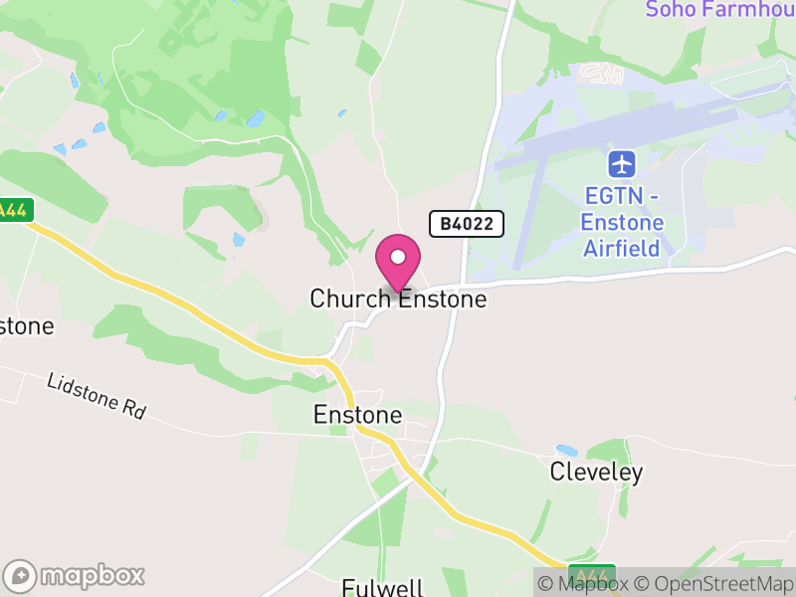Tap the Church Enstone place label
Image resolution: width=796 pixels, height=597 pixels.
click(x=398, y=298)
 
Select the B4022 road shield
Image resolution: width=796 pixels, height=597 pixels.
click(x=467, y=224)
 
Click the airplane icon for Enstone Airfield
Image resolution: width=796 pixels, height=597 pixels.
click(x=622, y=162)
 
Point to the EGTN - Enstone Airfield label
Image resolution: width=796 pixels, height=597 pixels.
click(x=622, y=221)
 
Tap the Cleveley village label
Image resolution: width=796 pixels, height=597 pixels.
click(x=596, y=473)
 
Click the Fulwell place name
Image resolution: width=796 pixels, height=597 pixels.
click(x=383, y=587)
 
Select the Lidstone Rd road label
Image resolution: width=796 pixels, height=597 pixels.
click(x=96, y=396)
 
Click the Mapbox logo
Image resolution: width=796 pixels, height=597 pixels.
click(x=76, y=575)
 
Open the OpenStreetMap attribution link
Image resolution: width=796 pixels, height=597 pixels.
click(x=714, y=584)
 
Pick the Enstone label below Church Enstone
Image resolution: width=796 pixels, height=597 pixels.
click(x=357, y=414)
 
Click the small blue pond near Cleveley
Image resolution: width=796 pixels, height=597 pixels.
click(x=566, y=451)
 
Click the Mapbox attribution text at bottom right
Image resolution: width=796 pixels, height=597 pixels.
click(x=593, y=584)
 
